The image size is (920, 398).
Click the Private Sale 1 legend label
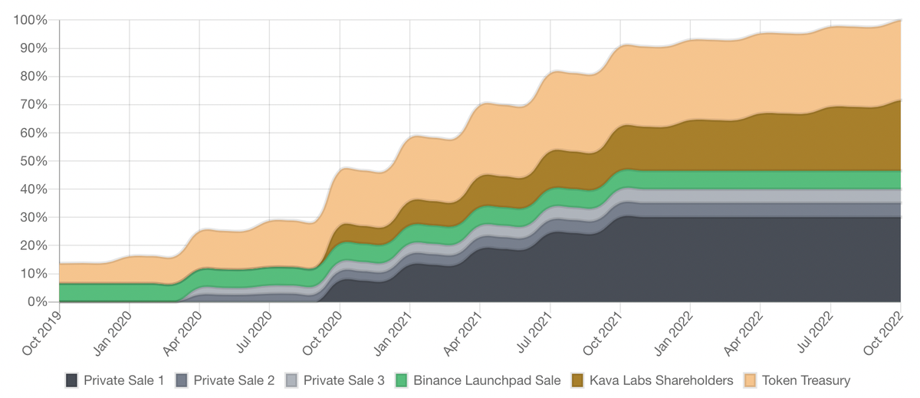click(x=123, y=380)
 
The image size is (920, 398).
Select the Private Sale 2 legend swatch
click(x=182, y=380)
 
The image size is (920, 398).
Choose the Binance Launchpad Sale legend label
click(x=478, y=380)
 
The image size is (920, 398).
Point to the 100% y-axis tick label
click(x=31, y=20)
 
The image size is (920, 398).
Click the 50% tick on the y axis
click(x=34, y=161)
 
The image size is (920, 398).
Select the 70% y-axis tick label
click(x=34, y=104)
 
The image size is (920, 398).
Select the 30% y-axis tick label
click(x=34, y=217)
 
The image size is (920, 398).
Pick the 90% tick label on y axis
click(x=34, y=48)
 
